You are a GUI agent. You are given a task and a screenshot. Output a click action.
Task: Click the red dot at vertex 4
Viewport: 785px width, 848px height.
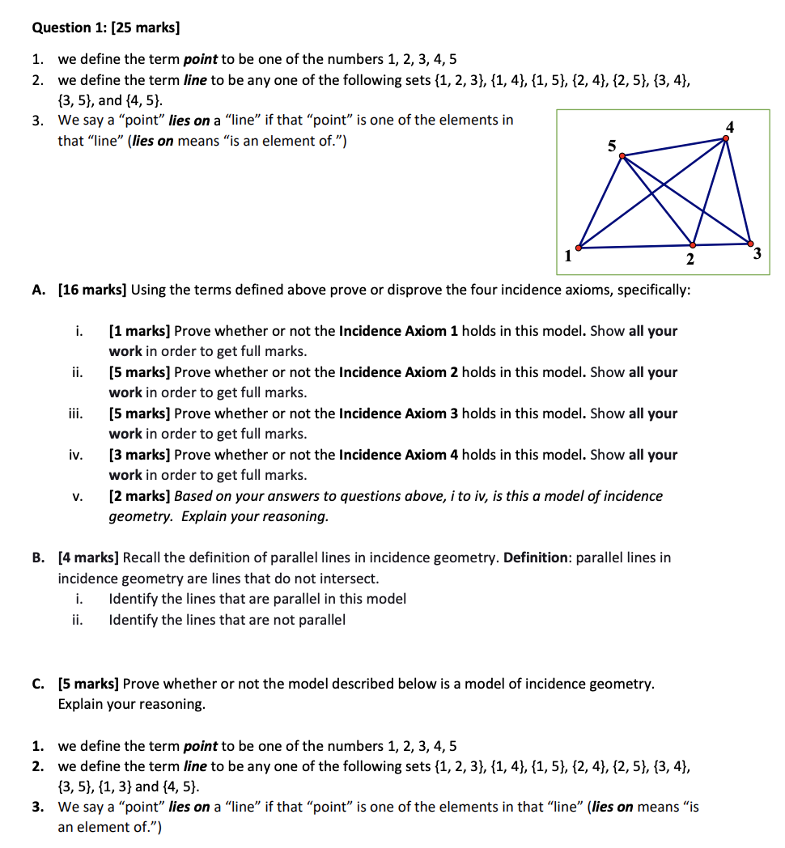pos(726,138)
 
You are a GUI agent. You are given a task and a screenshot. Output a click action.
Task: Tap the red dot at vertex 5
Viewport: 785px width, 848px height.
pos(621,156)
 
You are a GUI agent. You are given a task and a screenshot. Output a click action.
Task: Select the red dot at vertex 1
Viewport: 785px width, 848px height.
pos(578,248)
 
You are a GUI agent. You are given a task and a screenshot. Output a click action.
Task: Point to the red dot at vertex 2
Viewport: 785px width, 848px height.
pos(693,244)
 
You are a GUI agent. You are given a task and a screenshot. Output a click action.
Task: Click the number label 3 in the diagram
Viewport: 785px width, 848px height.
pos(756,255)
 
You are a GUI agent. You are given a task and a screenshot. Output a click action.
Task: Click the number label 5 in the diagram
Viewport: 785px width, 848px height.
pos(612,145)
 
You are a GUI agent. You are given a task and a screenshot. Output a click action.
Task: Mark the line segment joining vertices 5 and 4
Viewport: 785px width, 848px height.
pos(673,147)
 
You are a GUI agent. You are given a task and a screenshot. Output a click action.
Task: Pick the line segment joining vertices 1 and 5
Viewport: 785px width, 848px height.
pos(599,202)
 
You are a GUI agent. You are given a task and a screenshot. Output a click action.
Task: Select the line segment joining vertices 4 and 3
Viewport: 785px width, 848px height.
pos(737,190)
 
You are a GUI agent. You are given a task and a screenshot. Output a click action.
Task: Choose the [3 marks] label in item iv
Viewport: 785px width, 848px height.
pos(139,455)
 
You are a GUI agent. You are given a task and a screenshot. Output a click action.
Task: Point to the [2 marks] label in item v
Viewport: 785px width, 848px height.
pos(139,496)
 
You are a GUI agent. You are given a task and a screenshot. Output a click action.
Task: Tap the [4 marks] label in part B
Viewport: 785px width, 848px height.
pos(88,558)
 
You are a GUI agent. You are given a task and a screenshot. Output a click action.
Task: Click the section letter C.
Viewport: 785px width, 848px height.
pos(38,684)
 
